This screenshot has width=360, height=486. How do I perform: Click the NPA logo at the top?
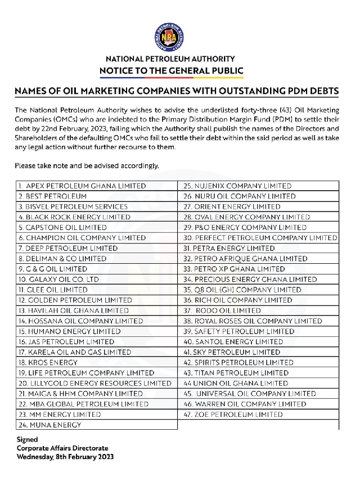(x=171, y=38)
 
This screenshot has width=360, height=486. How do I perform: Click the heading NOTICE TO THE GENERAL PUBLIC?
(x=172, y=71)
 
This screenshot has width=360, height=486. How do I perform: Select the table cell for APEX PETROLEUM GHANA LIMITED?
(x=82, y=186)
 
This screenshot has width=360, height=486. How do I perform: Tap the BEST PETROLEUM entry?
(x=52, y=196)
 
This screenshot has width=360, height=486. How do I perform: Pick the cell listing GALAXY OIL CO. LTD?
(x=58, y=279)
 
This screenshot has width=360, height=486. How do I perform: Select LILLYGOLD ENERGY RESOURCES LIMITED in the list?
(x=94, y=383)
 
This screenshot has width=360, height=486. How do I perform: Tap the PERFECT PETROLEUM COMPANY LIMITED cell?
(x=260, y=238)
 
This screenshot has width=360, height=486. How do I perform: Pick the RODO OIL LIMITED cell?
(x=222, y=310)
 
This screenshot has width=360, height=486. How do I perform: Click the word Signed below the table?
(x=27, y=439)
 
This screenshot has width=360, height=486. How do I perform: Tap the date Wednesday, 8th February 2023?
(x=65, y=457)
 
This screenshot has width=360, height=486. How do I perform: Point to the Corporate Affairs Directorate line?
(x=62, y=448)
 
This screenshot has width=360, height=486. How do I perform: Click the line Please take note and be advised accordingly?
(x=87, y=166)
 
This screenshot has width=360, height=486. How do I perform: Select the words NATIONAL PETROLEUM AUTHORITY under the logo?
(x=170, y=59)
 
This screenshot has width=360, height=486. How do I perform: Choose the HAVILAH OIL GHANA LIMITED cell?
(x=73, y=310)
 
